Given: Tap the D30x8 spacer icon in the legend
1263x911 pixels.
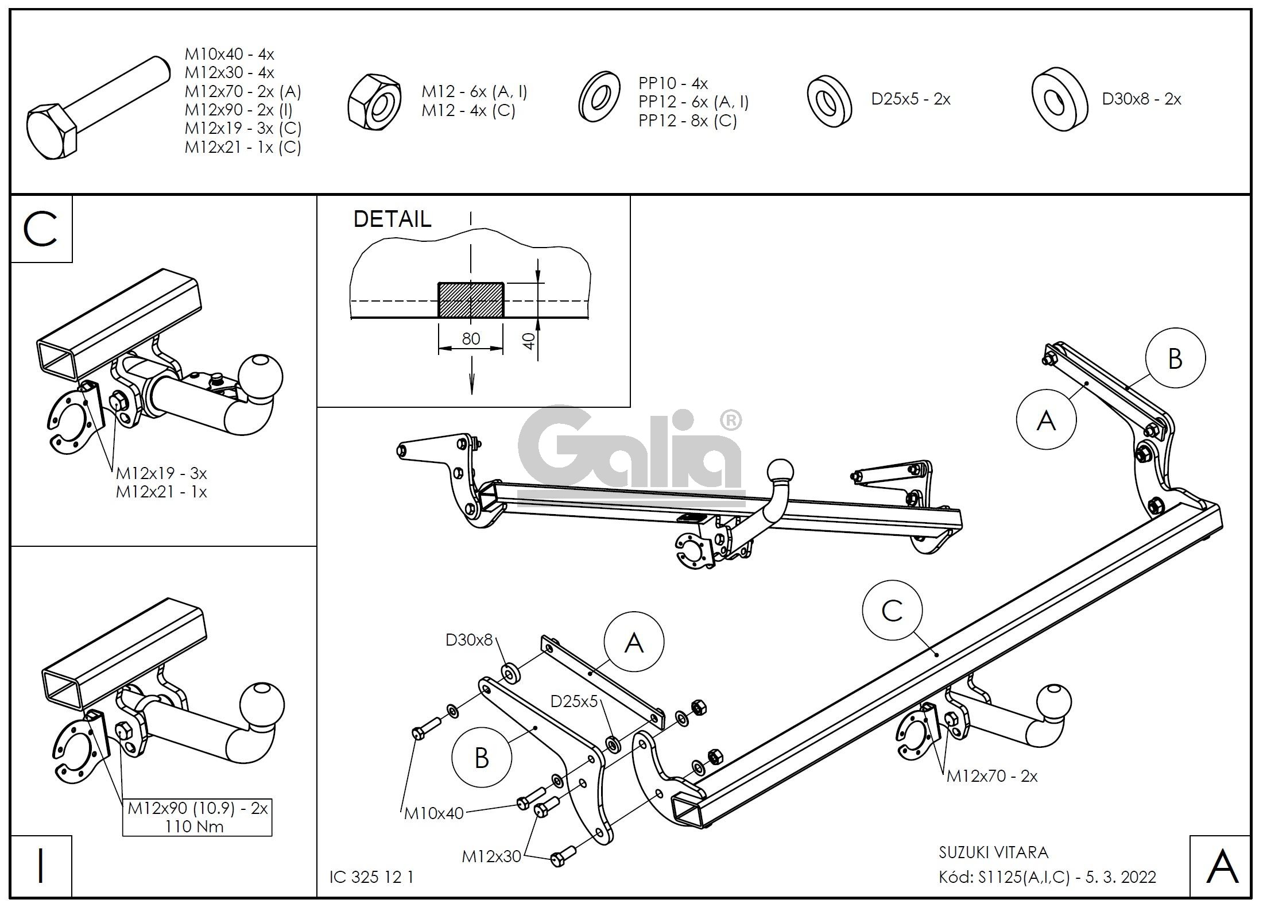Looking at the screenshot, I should pos(1059,99).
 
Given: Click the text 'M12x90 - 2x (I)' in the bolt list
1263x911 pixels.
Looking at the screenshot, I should pos(239,110).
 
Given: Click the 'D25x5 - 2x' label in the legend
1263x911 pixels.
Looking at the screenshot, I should pos(911,99).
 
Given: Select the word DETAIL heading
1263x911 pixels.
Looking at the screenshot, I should pos(392,219).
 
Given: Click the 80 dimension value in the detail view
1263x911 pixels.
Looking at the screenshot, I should pos(471,339).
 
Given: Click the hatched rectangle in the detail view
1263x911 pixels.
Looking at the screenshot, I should pos(471,300).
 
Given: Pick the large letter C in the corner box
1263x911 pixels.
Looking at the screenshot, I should pos(41,229).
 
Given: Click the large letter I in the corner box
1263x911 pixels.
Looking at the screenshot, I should pos(41,867).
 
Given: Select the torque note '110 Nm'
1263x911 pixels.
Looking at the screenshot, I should pos(194,827).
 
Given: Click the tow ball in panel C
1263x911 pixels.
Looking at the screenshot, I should pos(261,376).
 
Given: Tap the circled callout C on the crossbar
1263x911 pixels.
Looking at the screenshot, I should pos(892,611).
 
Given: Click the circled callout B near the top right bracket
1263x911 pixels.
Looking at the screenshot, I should pos(1175,358).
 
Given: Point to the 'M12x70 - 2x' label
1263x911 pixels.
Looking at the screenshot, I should pos(992,777).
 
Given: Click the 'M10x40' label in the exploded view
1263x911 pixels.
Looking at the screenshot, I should pos(433,813).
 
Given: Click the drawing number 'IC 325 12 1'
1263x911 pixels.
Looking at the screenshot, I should pos(371,877).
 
